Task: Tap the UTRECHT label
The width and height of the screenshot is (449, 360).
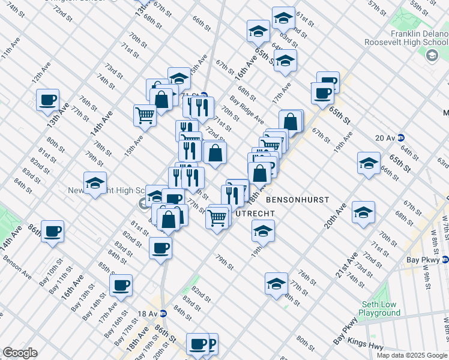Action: click(x=255, y=213)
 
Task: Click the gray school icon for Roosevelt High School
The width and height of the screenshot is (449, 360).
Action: click(x=431, y=56)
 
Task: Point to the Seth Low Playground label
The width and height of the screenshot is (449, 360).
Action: click(x=379, y=308)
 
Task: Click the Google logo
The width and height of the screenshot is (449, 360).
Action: click(x=20, y=353)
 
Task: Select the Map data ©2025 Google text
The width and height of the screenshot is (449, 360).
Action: click(x=412, y=355)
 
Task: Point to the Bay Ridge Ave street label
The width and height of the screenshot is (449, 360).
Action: click(x=246, y=110)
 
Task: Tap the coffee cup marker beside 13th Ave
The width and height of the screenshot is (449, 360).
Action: click(x=47, y=100)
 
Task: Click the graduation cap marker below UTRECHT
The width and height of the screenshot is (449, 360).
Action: click(x=263, y=230)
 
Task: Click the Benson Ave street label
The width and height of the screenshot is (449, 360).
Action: click(x=17, y=267)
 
